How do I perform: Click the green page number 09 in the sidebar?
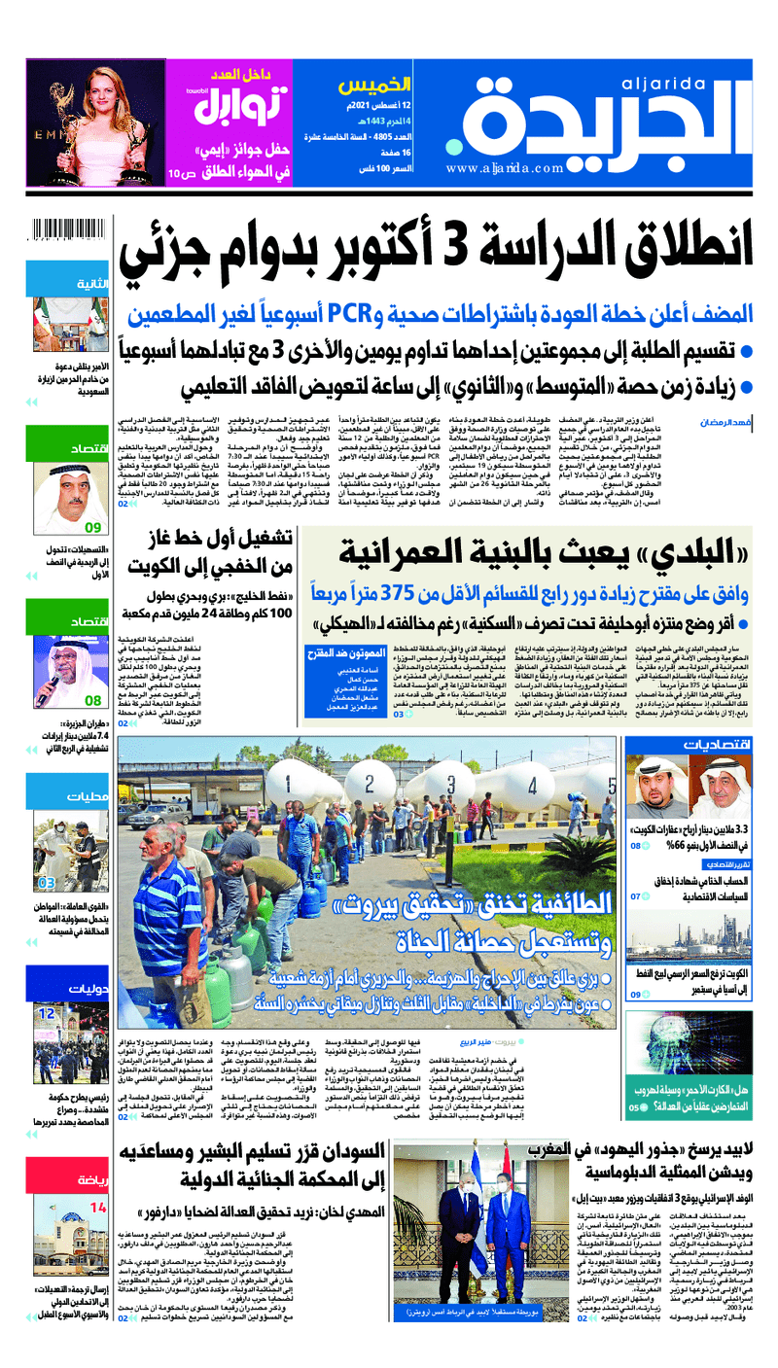[x=92, y=528]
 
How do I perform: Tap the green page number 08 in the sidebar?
[x=93, y=698]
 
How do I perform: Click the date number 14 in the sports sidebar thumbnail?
[x=98, y=1180]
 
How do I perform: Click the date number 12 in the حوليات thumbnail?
[x=48, y=1013]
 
